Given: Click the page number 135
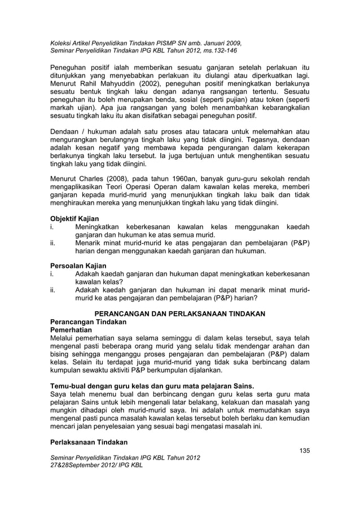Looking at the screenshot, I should pos(304,450).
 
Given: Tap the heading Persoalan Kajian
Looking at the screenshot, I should pos(78,265).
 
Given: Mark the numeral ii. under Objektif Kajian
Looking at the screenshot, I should pos(54,242).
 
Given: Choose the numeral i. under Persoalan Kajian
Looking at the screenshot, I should pos(53,273).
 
